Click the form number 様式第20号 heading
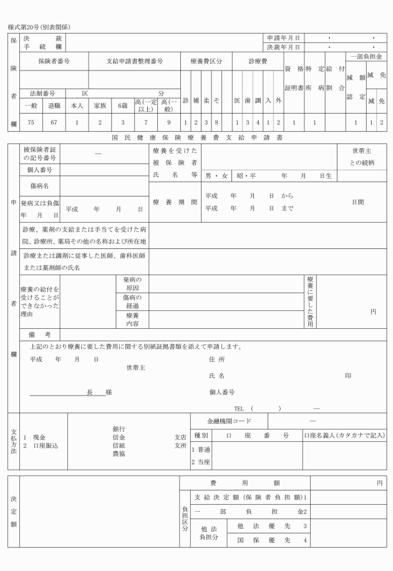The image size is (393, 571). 39,27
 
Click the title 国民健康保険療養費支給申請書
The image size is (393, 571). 197,136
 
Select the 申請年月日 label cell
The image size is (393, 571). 283,38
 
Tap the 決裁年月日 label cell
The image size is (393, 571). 283,47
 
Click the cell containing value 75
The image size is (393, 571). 30,123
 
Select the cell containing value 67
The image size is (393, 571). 54,123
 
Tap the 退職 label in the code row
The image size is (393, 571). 54,105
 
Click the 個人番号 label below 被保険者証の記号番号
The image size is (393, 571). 39,170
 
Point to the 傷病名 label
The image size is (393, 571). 39,186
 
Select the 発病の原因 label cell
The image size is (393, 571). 132,283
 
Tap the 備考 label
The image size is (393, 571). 39,334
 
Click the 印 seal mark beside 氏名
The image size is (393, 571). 348,376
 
